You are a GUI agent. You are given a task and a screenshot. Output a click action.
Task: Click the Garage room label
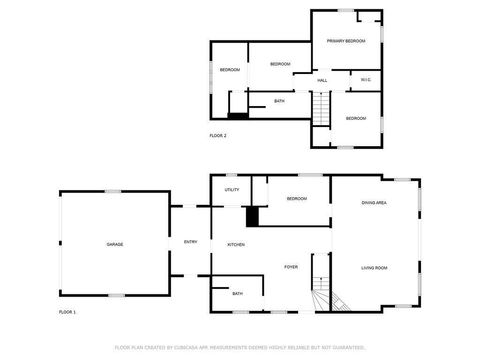[x=115, y=244]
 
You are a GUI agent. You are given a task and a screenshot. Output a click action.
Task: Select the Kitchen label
[x=236, y=244]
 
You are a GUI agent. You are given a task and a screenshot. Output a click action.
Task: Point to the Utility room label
[x=232, y=189]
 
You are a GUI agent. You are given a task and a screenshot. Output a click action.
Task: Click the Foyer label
[x=291, y=267]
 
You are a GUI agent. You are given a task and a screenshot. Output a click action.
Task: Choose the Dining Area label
[x=374, y=203]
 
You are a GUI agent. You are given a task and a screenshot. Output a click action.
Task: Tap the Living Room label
[x=374, y=267]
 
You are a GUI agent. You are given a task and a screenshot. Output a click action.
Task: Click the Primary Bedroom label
[x=346, y=41]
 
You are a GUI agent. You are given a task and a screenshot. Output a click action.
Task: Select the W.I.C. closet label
[x=365, y=80]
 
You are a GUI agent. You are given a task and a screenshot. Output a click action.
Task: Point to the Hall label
[x=322, y=80]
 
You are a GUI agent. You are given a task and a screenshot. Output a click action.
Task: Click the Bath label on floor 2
[x=279, y=101]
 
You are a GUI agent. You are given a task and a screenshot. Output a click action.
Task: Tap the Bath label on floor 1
[x=237, y=293]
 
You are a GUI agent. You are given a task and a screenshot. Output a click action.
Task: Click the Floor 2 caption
[x=218, y=135]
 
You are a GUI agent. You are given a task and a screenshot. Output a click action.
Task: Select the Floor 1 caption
[x=67, y=313]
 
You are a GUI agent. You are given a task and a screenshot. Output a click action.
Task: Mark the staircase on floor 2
[x=320, y=108]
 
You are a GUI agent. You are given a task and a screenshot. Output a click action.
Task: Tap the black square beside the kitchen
[x=252, y=216]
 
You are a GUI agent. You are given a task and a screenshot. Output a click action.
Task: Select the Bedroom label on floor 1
[x=296, y=199]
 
